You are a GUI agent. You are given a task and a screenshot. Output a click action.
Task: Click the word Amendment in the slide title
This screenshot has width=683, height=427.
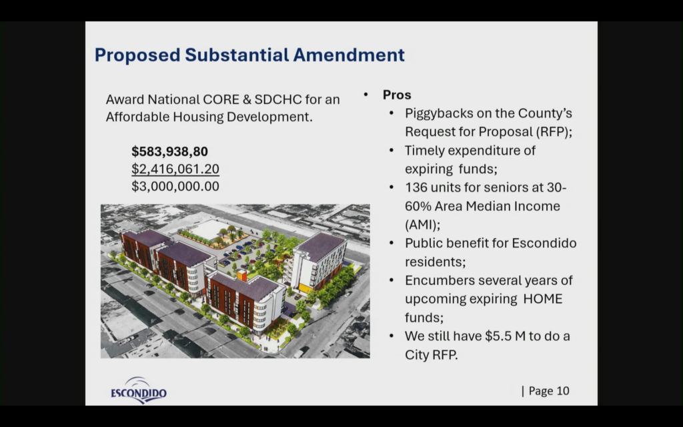pyautogui.click(x=349, y=55)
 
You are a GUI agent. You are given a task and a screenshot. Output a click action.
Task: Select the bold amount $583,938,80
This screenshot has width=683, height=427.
pyautogui.click(x=170, y=151)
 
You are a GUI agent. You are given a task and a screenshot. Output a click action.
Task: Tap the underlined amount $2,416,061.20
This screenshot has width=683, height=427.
pyautogui.click(x=175, y=169)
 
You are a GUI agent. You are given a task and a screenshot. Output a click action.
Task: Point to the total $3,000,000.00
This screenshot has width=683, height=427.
pyautogui.click(x=175, y=186)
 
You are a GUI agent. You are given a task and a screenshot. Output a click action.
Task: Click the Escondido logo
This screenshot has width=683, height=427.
pyautogui.click(x=139, y=390)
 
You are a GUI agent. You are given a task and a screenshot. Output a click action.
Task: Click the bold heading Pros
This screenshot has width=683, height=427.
pyautogui.click(x=397, y=95)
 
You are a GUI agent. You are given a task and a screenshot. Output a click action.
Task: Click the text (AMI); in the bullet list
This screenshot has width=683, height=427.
pyautogui.click(x=422, y=225)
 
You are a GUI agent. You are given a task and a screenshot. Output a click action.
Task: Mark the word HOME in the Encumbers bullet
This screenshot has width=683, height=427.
pyautogui.click(x=543, y=299)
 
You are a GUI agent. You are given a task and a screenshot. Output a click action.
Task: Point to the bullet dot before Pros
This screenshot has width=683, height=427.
pyautogui.click(x=366, y=95)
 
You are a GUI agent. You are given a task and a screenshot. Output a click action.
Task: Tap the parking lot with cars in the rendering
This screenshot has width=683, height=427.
pyautogui.click(x=244, y=254)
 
